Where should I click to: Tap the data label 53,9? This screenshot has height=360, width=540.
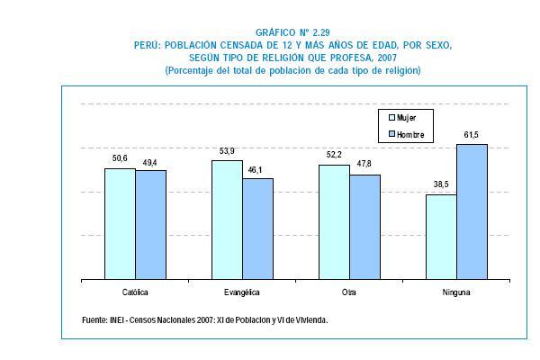point(227,153)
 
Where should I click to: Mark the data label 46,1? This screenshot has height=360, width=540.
point(257,170)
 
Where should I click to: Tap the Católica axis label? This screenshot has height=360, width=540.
point(135,293)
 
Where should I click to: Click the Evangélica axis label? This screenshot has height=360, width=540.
point(242,293)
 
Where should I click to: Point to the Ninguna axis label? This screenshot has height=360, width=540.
point(456,293)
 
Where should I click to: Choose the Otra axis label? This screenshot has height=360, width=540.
point(349,293)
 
